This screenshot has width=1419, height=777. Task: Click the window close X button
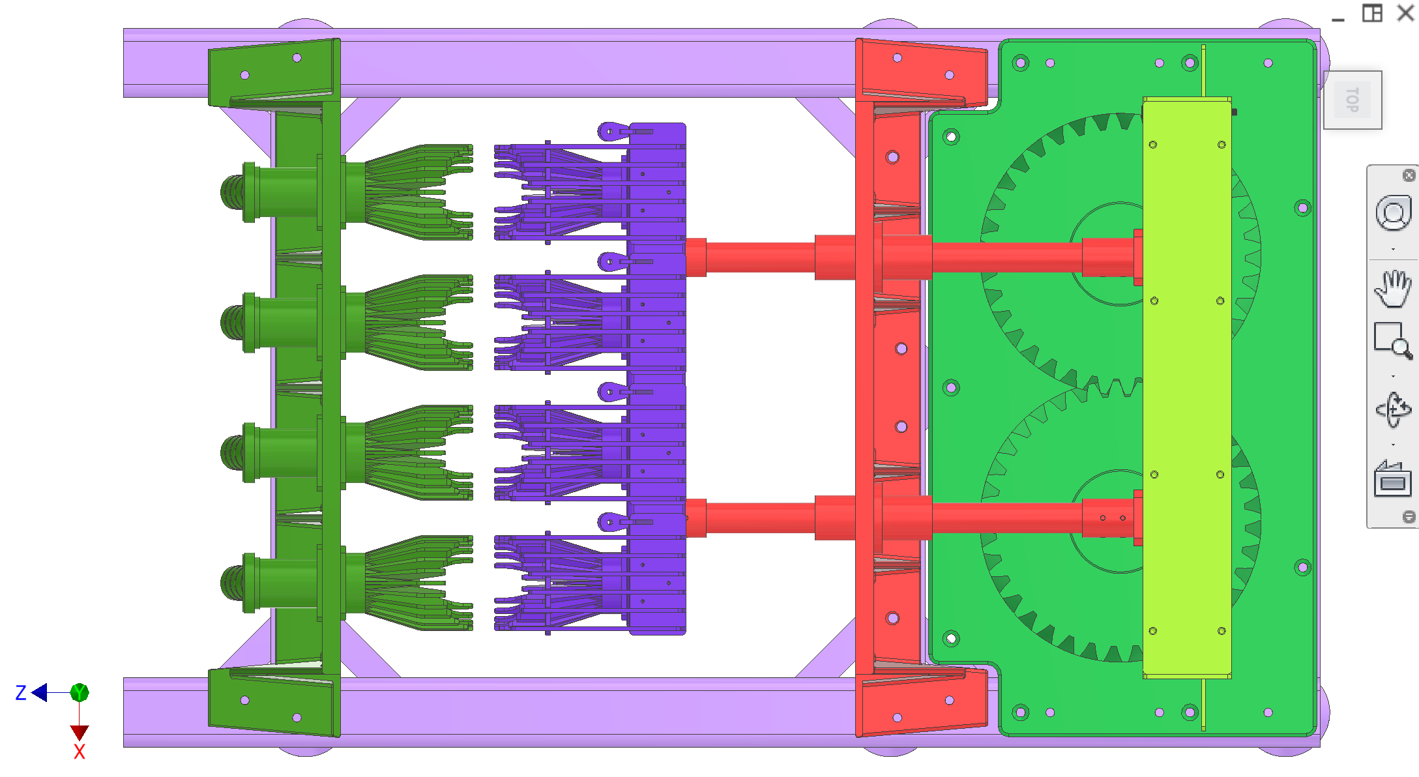1405,13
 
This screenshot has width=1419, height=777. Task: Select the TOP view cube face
1353,100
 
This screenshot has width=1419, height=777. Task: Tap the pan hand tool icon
1393,288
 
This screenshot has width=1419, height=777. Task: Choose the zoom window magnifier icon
1393,340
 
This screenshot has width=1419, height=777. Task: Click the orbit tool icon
1393,410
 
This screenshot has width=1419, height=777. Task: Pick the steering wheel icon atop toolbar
1394,213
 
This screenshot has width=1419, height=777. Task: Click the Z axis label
21,692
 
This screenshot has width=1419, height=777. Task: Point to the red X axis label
80,752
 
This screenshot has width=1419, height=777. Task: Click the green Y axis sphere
80,692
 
